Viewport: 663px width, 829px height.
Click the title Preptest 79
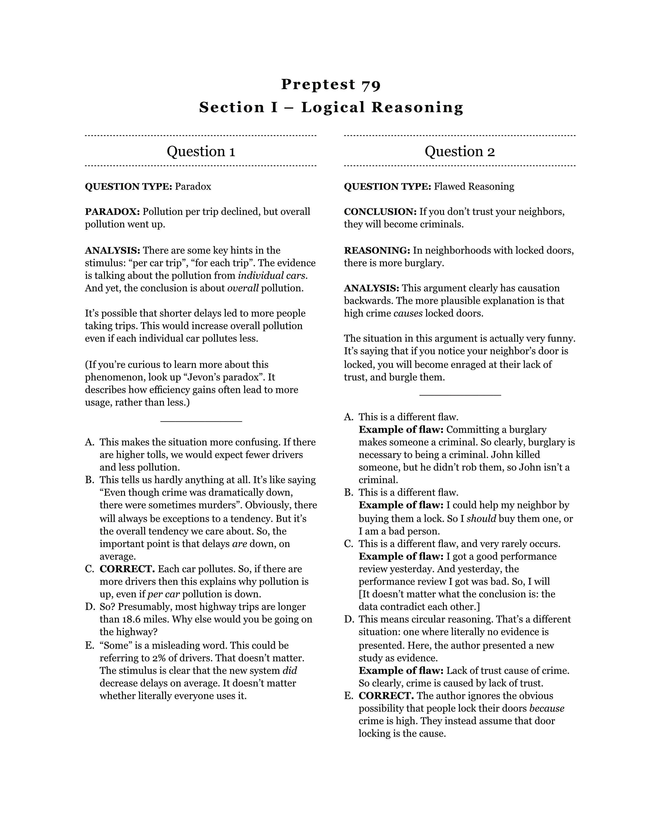point(331,84)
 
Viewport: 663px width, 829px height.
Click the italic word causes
point(408,313)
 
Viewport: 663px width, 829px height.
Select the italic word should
point(481,519)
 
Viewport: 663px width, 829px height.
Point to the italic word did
point(290,671)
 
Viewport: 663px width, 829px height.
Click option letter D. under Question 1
point(90,607)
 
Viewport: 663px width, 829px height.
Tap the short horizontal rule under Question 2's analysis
point(460,395)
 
